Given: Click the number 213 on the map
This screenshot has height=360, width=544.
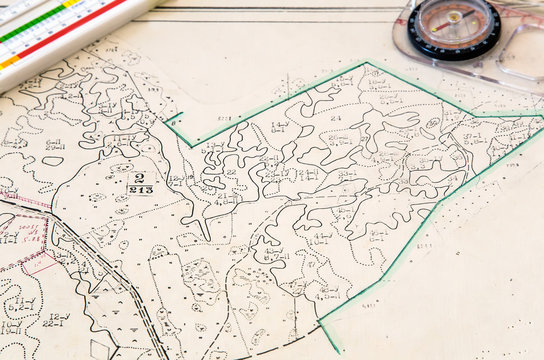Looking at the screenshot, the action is tap(140, 189).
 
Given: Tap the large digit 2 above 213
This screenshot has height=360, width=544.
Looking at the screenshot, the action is tap(140, 177).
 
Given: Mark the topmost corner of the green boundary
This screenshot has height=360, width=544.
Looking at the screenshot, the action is tap(366, 63).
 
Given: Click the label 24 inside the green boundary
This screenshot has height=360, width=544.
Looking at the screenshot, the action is tap(336, 118).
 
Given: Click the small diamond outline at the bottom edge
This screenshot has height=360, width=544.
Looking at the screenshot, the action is tap(100, 349).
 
